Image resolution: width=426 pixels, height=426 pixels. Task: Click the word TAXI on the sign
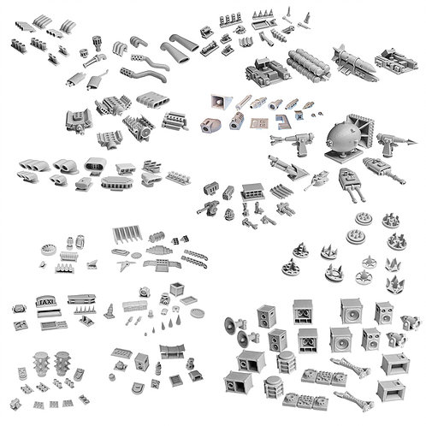46,302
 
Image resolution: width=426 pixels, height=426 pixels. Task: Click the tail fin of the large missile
340,50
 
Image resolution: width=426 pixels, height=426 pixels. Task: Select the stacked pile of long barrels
309,63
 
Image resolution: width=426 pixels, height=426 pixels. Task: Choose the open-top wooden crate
177,288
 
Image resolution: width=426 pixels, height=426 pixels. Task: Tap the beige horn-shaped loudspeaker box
221,102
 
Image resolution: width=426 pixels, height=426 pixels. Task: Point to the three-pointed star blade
125,264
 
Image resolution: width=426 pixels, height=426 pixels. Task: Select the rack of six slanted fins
127,234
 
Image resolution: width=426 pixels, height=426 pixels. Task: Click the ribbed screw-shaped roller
157,237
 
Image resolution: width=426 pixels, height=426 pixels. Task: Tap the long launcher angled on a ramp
287,167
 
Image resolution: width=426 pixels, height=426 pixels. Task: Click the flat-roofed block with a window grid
252,192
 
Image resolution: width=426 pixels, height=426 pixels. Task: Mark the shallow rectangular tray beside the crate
188,300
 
